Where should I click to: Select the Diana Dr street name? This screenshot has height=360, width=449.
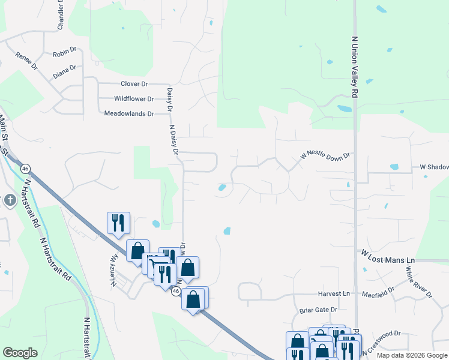(x=64, y=71)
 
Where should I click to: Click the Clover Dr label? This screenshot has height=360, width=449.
(x=134, y=84)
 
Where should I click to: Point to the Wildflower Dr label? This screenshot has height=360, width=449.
(x=134, y=98)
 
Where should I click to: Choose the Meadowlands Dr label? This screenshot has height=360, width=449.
(x=129, y=113)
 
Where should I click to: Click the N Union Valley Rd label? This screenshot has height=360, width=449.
(x=354, y=67)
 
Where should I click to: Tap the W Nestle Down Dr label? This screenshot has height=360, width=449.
(x=325, y=156)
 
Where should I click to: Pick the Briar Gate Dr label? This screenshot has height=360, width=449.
(x=318, y=310)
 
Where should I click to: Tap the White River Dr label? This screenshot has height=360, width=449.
(x=418, y=282)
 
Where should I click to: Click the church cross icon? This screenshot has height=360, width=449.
(x=10, y=200)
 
